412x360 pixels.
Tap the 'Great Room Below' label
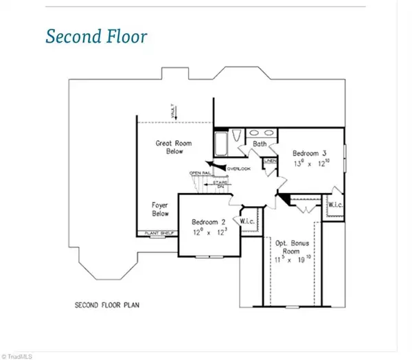click(x=173, y=147)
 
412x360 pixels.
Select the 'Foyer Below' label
click(x=160, y=209)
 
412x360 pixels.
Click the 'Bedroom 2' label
click(x=209, y=223)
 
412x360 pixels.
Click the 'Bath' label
click(x=259, y=144)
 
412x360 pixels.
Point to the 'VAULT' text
click(x=174, y=111)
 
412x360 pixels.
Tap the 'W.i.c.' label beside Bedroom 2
click(x=248, y=221)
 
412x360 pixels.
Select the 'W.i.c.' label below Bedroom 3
click(x=336, y=205)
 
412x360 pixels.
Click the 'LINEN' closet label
click(x=271, y=161)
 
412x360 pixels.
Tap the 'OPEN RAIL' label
click(x=201, y=172)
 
